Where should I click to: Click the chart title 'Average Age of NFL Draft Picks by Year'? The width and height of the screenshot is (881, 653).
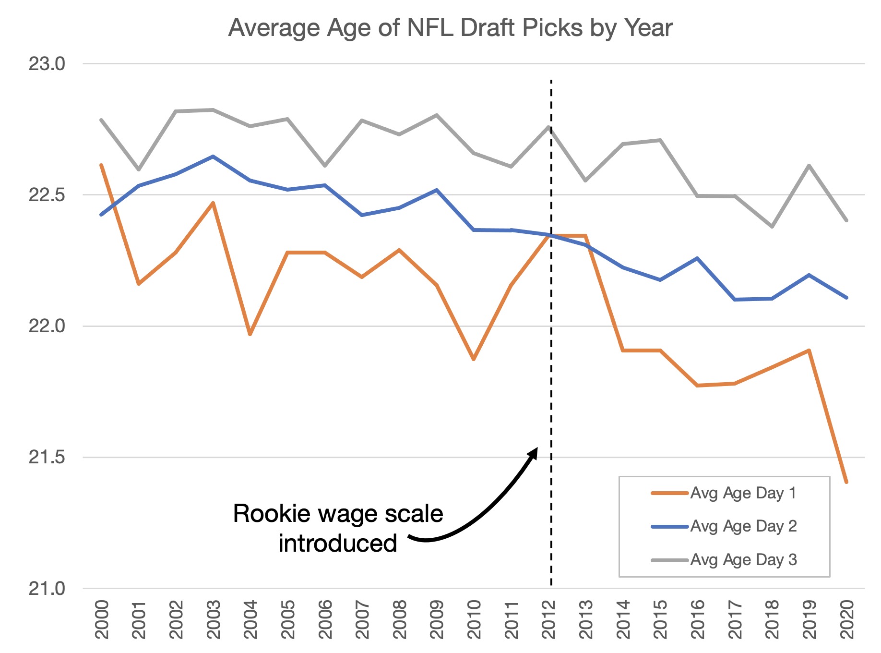pos(450,28)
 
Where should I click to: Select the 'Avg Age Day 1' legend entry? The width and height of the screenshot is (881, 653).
pos(743,493)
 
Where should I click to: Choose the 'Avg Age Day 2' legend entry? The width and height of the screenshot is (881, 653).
pos(743,526)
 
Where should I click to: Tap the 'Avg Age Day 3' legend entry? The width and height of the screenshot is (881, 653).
pos(743,560)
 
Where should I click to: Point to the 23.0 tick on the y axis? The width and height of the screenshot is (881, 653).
pos(47,64)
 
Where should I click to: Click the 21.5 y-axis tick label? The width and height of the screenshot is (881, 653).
pos(47,458)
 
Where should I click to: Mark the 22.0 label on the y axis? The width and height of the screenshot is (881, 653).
pos(47,326)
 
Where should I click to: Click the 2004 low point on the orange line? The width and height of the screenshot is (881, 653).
pos(250,335)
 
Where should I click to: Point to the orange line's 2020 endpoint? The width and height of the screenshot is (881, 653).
pos(847,482)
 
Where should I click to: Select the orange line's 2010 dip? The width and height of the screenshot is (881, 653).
pos(474,359)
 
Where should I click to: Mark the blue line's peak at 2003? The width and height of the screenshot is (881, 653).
pos(213,156)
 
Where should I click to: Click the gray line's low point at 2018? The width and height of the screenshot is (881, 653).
pos(772,227)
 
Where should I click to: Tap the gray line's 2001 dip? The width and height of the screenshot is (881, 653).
pos(139,170)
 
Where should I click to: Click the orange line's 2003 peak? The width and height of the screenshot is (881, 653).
pos(213,203)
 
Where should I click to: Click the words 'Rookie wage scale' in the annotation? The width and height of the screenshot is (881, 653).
pos(338,514)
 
